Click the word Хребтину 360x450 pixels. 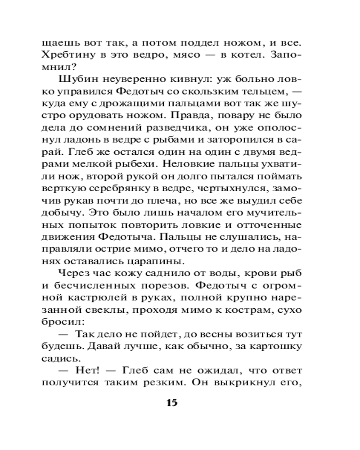pos(67,58)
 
